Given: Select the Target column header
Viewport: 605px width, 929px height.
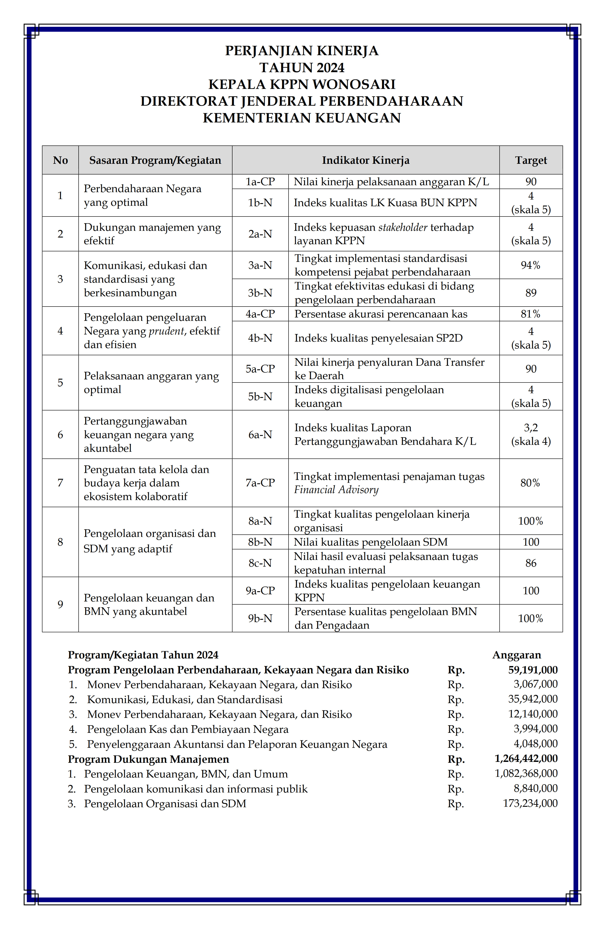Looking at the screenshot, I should pos(530,160).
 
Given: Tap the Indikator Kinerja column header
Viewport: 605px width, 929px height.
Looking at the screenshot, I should pos(366,160).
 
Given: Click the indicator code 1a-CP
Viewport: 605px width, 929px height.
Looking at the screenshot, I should pos(260,181).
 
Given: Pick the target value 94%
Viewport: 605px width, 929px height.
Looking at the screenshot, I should pos(530,265).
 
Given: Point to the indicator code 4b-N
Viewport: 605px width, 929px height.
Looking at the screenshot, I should pos(260,338).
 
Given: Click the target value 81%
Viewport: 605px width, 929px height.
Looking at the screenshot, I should pos(530,314).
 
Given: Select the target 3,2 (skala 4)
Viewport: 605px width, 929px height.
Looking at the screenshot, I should pos(530,434).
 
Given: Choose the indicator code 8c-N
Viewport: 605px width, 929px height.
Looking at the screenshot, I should pos(260,563).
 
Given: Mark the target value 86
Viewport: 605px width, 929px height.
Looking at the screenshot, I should pos(530,563).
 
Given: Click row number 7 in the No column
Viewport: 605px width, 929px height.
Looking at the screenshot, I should pos(60,483).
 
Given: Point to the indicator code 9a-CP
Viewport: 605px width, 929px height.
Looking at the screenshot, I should pos(260,591).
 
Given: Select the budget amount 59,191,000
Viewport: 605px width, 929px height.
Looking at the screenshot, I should pos(533,670).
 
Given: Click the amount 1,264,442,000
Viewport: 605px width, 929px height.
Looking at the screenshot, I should pos(526,759).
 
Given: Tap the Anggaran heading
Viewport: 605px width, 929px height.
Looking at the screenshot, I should pos(517,655).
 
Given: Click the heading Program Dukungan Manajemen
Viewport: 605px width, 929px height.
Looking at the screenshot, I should pos(148,759).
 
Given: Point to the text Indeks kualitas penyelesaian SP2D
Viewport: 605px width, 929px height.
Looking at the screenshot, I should pos(378,338).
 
